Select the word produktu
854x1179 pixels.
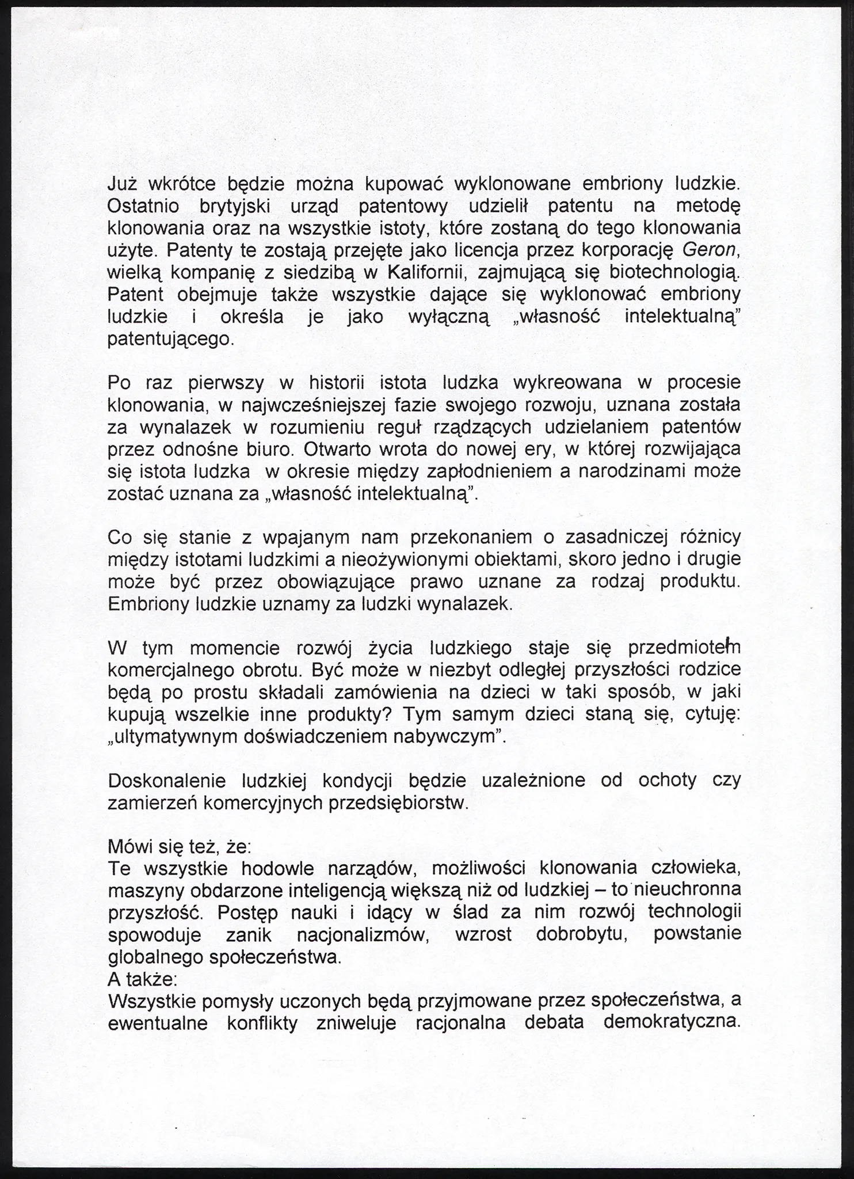pos(699,581)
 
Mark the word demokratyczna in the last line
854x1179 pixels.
pos(672,1023)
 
